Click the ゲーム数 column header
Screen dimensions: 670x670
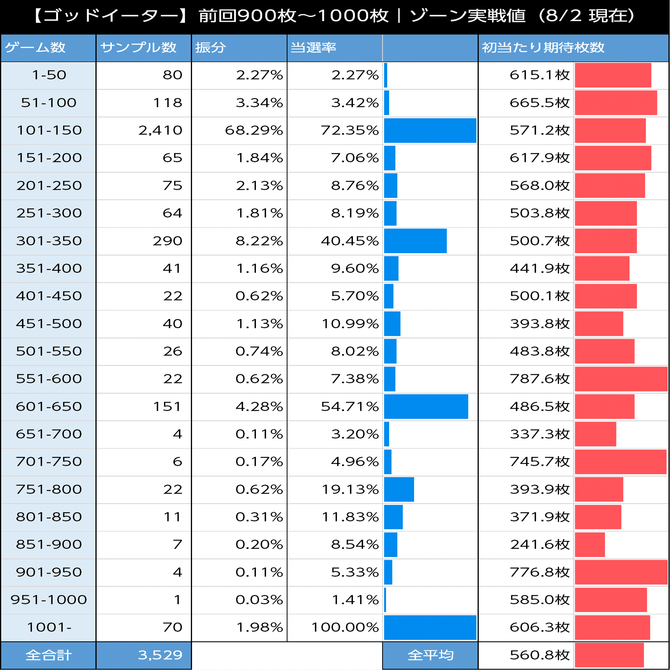(35, 48)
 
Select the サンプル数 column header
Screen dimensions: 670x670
(138, 48)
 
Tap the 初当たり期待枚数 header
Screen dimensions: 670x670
(543, 48)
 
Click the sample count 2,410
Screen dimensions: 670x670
(160, 130)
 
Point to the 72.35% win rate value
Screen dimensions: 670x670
(349, 130)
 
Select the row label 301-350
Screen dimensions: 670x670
(49, 241)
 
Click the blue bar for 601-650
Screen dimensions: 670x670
(426, 407)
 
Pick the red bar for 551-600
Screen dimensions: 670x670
(621, 379)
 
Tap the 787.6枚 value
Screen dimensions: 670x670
(540, 379)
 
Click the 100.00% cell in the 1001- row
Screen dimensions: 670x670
(345, 628)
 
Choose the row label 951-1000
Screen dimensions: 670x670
(49, 600)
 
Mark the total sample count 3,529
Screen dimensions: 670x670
(160, 655)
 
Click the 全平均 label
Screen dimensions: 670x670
(430, 655)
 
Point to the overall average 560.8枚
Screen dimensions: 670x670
(540, 655)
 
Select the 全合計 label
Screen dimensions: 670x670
(49, 655)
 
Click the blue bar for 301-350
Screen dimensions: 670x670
(415, 241)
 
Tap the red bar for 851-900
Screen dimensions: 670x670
(590, 545)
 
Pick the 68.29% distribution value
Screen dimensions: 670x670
(254, 130)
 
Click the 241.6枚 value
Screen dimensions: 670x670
(540, 545)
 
